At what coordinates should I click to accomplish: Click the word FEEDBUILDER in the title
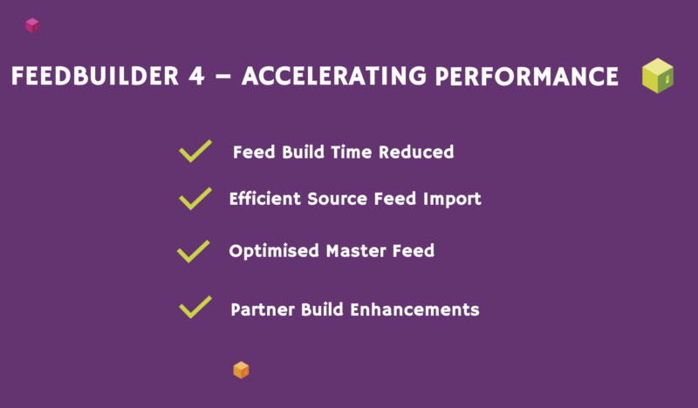coord(95,76)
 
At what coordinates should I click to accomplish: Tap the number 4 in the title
coord(196,76)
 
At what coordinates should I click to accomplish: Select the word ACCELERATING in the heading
coord(334,76)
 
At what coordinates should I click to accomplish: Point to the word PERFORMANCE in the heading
coord(527,76)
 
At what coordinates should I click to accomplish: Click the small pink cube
coord(32,25)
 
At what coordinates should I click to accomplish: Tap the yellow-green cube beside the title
coord(658,76)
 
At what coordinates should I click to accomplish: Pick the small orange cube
coord(242,371)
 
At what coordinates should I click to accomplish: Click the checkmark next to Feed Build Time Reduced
coord(195,152)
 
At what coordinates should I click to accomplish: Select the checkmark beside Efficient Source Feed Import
coord(195,199)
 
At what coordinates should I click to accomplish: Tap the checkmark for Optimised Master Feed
coord(194,251)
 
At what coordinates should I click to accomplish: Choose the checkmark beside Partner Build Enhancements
coord(195,307)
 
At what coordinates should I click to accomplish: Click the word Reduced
coord(416,153)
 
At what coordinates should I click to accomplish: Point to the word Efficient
coord(265,199)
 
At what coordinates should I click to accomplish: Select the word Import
coord(452,200)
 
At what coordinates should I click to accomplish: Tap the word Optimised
coord(274,251)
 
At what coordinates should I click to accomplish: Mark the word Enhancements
coord(414,309)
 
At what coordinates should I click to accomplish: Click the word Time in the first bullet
coord(352,153)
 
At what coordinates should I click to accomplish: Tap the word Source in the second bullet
coord(337,199)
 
